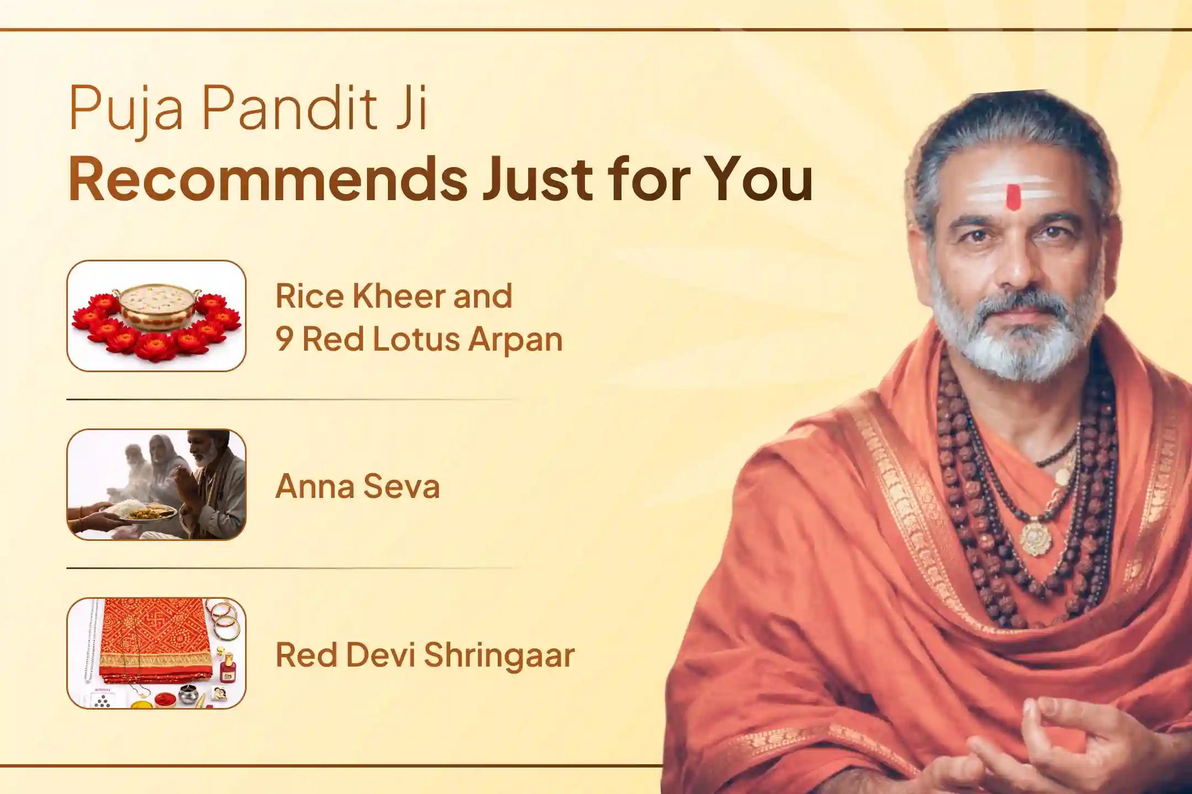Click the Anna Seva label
pos(357,486)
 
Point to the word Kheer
pos(398,296)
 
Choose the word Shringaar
pos(499,655)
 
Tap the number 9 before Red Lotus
pos(284,339)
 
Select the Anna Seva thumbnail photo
pos(156,484)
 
